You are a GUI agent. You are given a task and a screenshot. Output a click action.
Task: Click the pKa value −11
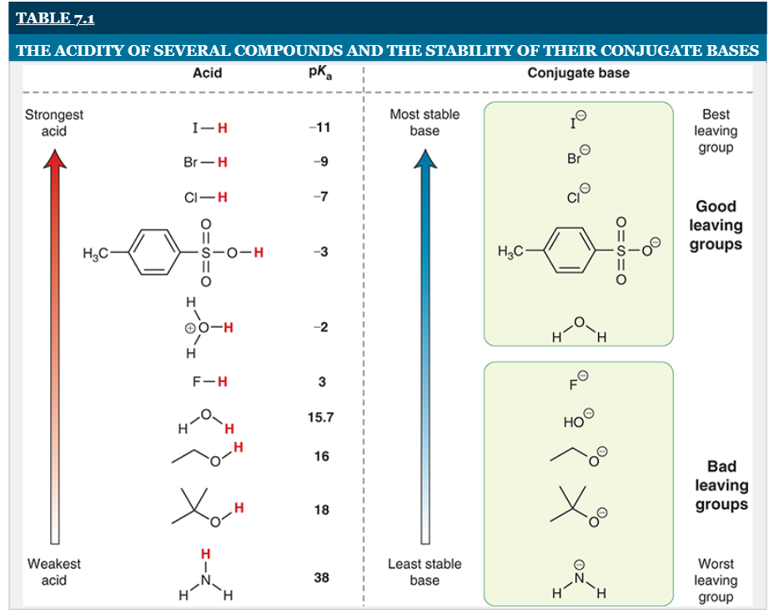coord(320,128)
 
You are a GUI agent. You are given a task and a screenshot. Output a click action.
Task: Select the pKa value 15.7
coord(320,416)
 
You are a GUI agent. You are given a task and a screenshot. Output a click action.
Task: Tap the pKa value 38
coord(321,577)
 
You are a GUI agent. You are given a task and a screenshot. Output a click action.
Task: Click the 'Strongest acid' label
coord(54,123)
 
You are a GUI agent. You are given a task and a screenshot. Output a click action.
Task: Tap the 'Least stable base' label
coord(425,572)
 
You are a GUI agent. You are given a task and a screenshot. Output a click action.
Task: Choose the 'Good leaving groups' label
coord(716,225)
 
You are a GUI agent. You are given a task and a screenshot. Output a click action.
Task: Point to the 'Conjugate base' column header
coord(578,73)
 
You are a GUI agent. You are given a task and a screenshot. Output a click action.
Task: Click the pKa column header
coord(320,73)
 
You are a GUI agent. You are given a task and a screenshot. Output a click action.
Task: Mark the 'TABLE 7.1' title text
coord(56,18)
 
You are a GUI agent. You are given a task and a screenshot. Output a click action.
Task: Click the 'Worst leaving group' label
coord(716,580)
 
